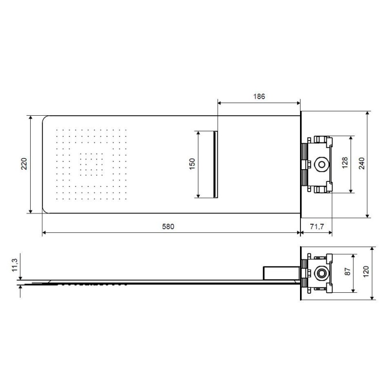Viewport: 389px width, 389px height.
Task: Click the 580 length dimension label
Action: tap(168, 227)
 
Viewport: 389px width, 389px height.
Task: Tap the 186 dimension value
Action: tap(259, 96)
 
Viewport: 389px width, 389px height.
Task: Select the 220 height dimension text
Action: tap(24, 164)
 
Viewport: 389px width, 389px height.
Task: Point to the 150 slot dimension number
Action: tap(192, 164)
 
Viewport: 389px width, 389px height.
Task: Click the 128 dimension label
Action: tap(345, 163)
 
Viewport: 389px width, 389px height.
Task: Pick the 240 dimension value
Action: tap(362, 163)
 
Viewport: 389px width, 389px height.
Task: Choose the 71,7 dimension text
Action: tap(317, 227)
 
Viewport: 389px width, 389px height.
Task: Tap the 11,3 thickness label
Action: tap(15, 265)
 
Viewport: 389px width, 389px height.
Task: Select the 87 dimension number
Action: tap(348, 272)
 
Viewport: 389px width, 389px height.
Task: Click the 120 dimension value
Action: tap(366, 271)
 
